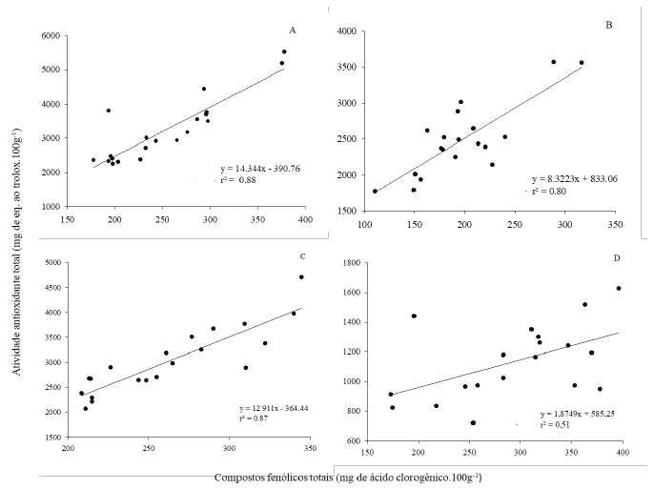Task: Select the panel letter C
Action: point(301,256)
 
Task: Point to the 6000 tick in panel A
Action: point(51,36)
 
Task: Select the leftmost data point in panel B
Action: point(375,192)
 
